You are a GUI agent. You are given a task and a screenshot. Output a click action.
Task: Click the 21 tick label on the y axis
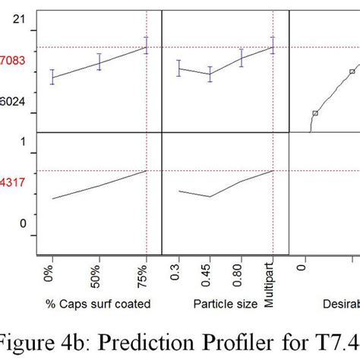tap(21, 21)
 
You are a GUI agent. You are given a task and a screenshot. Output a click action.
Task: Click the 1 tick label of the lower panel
tap(24, 141)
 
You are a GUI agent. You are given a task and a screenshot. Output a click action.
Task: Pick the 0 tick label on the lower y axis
tap(24, 223)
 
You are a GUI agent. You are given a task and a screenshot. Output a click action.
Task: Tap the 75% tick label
tap(147, 276)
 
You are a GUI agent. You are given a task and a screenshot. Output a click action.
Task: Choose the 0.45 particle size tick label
tap(210, 277)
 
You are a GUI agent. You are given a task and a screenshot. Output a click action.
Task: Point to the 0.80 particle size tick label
tap(242, 277)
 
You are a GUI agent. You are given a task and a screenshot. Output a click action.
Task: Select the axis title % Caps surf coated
tap(97, 304)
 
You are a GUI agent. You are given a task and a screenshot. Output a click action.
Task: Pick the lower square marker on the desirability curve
tap(314, 113)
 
